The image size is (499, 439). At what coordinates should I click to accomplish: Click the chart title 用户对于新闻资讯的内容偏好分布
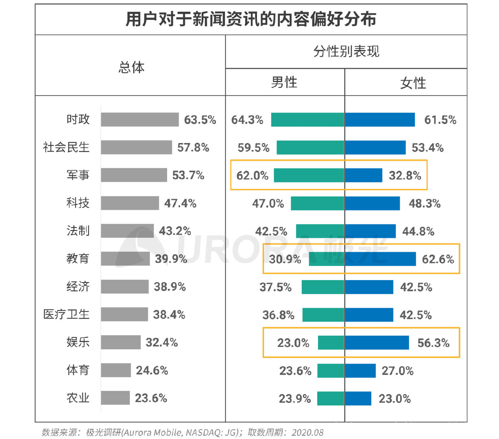(x=251, y=20)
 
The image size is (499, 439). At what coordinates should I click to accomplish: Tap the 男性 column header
(x=284, y=83)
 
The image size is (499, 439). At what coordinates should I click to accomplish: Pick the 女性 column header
(x=413, y=83)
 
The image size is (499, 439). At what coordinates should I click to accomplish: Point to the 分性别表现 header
(x=346, y=52)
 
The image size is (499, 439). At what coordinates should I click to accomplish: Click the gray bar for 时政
(x=139, y=120)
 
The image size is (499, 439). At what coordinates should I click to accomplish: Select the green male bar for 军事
(x=309, y=175)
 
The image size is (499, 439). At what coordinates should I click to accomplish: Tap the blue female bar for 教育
(x=380, y=259)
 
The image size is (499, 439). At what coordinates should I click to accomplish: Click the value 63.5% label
(x=200, y=120)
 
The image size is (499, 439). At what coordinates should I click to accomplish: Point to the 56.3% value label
(x=433, y=343)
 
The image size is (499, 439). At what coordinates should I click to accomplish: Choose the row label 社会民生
(x=66, y=147)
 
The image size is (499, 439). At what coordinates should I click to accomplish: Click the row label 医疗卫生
(x=66, y=314)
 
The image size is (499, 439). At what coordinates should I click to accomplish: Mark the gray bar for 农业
(x=115, y=398)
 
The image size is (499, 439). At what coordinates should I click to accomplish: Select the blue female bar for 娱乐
(x=377, y=343)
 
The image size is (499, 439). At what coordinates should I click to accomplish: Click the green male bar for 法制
(x=320, y=231)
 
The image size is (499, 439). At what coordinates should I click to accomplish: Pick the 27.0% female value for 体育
(x=397, y=371)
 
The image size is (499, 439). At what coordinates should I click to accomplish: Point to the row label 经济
(x=78, y=287)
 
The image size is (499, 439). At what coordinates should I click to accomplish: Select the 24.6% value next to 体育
(x=152, y=370)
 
